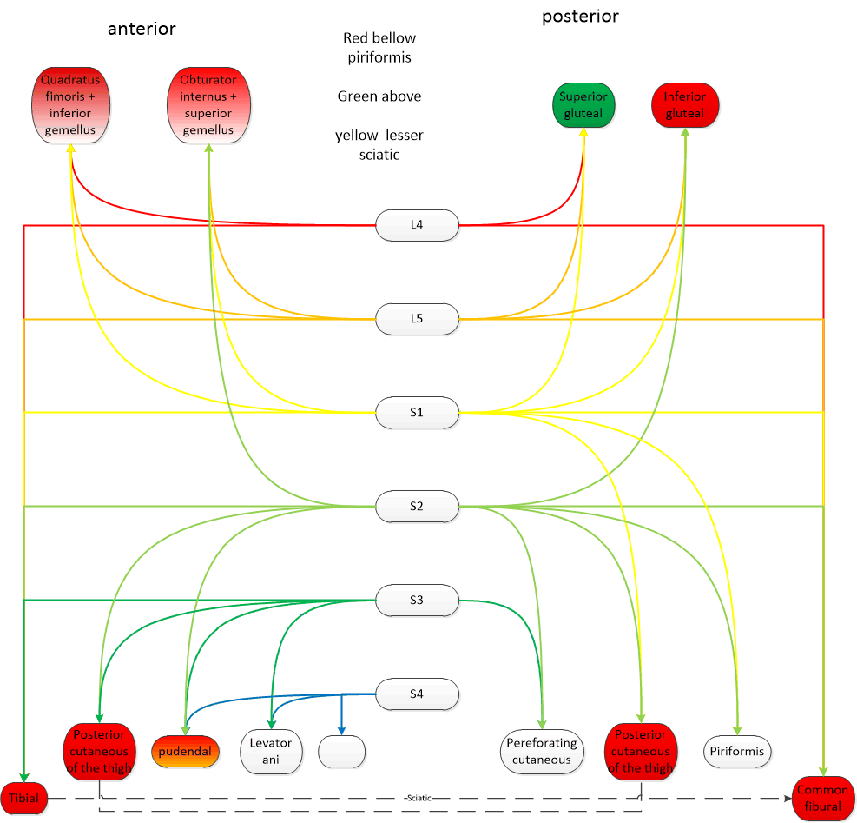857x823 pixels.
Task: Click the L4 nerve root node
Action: (417, 225)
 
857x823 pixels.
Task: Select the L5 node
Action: (417, 318)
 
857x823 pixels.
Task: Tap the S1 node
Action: (417, 412)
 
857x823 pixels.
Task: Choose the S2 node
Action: (417, 506)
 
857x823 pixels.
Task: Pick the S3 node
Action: (417, 600)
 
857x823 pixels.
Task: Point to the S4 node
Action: (417, 694)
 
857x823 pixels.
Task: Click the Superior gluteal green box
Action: (583, 105)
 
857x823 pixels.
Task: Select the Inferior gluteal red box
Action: (684, 105)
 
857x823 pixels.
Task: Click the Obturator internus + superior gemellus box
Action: (208, 105)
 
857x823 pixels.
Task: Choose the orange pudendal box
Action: (185, 751)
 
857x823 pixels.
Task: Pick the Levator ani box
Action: (271, 751)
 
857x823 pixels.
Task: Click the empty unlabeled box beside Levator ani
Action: (342, 751)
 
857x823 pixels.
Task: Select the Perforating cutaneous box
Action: (542, 751)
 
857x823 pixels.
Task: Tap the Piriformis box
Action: (737, 751)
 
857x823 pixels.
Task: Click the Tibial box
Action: (24, 798)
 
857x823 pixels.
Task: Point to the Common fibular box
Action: (822, 798)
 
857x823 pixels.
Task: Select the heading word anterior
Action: (142, 29)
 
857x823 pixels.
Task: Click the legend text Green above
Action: (379, 96)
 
